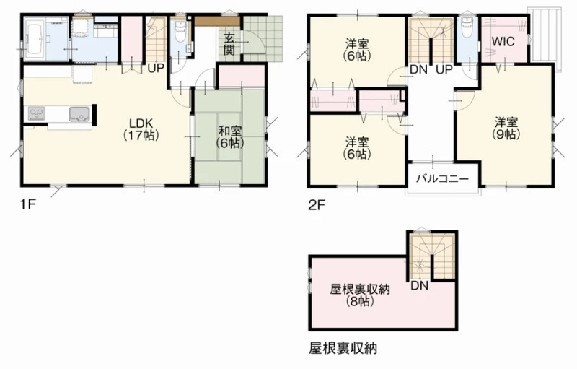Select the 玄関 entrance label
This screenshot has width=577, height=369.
229,44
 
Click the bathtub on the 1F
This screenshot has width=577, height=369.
35,39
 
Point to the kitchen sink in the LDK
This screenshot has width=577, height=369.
79,113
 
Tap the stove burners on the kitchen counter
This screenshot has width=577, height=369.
37,113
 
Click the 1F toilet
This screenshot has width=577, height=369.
180,32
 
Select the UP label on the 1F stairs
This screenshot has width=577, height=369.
156,69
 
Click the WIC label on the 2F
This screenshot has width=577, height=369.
503,41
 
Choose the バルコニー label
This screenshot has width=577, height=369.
443,179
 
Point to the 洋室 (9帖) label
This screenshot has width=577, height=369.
506,128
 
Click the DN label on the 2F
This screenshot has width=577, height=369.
418,69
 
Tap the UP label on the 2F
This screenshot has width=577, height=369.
444,69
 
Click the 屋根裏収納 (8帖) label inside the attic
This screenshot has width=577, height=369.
360,295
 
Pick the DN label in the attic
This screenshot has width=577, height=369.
420,285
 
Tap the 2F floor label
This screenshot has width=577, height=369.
317,204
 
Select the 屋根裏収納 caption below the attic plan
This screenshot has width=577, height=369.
343,347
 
